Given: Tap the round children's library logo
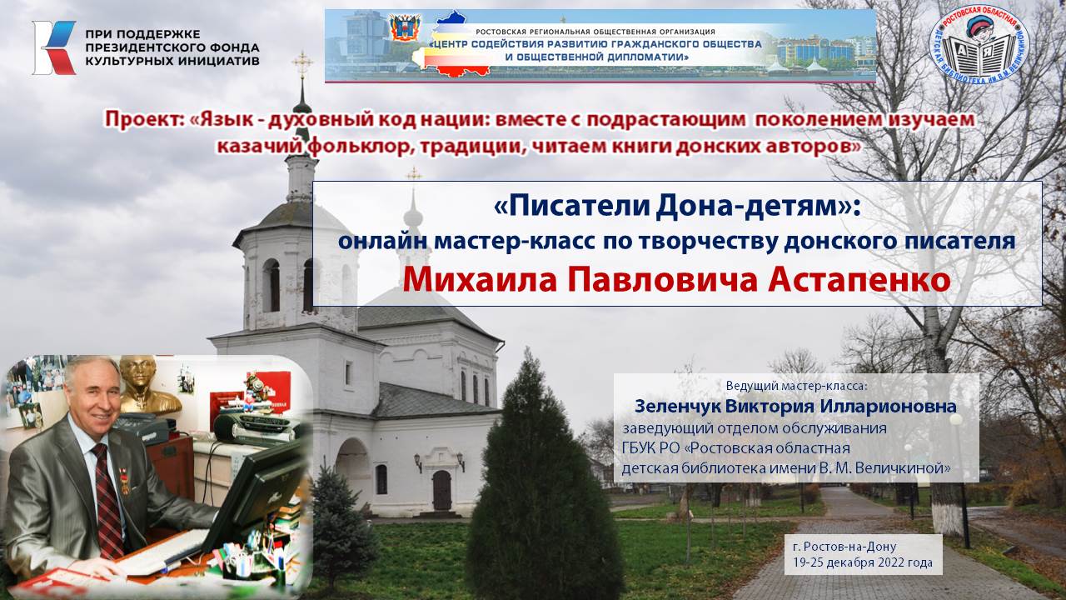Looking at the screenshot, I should pyautogui.click(x=979, y=47).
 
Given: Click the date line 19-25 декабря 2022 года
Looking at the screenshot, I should pyautogui.click(x=864, y=563).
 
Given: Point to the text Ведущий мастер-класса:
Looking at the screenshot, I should pyautogui.click(x=796, y=387).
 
